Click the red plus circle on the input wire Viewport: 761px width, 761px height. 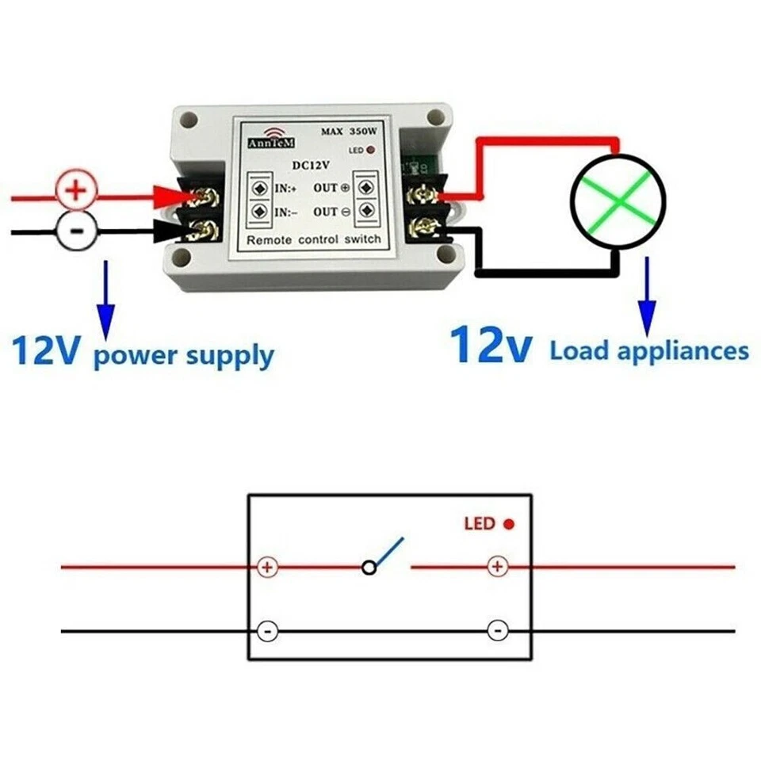tap(77, 190)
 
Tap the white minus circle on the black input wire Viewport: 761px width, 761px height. tap(77, 231)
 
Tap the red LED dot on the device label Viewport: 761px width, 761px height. tap(371, 150)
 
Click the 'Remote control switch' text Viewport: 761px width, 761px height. tap(315, 239)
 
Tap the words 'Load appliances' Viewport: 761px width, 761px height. tap(649, 350)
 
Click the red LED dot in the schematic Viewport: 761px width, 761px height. tap(509, 524)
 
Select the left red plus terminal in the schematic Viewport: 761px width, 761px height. tap(268, 568)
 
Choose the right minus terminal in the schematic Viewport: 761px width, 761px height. tap(497, 631)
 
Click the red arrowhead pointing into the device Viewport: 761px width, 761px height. tap(170, 196)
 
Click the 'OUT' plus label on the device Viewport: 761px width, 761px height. tap(331, 187)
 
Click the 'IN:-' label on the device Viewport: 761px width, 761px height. tap(287, 212)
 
